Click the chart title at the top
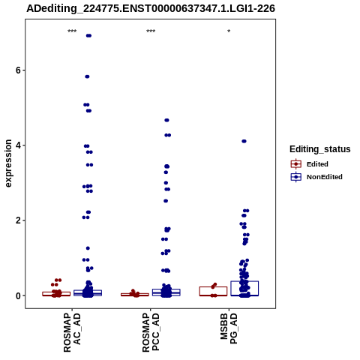151,8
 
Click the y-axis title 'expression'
8,163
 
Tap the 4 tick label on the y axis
18,145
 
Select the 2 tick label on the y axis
18,220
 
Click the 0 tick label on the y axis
18,295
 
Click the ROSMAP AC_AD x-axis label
72,333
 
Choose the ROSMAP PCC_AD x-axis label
151,333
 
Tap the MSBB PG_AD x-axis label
229,329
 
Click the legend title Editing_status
320,149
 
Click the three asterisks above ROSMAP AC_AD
72,31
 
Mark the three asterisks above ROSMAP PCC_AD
151,31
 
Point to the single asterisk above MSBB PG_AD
229,31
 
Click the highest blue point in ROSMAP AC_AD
88,36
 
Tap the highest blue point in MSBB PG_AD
244,141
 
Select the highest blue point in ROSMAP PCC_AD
166,120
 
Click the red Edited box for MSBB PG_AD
213,291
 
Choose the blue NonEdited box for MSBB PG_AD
244,289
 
